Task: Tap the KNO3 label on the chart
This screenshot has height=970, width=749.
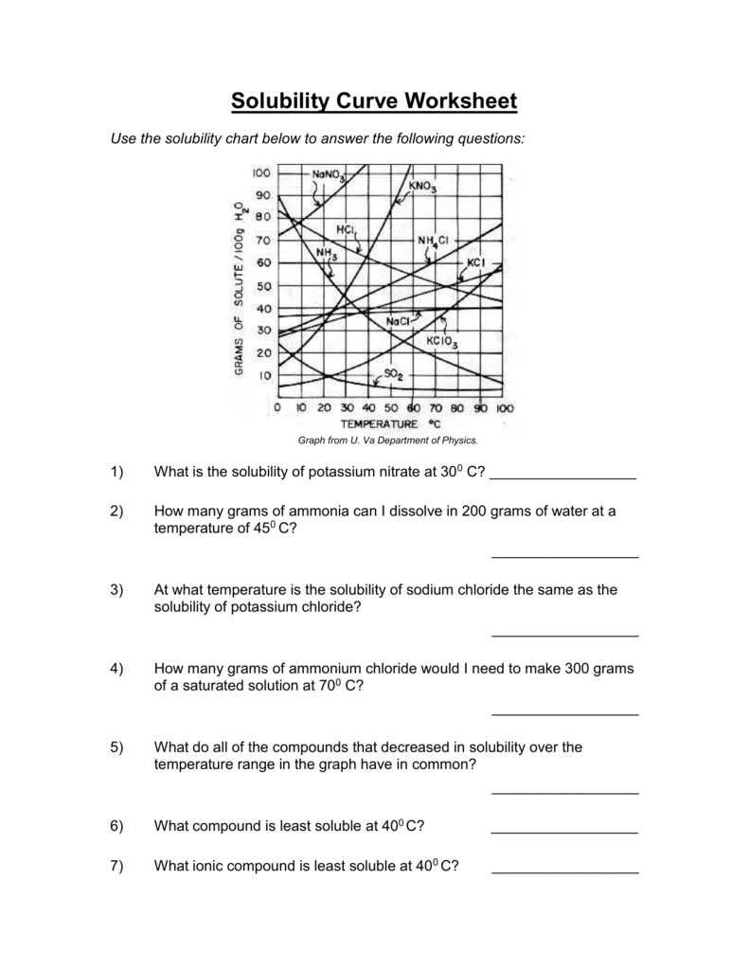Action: point(422,187)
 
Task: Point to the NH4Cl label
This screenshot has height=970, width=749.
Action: point(433,242)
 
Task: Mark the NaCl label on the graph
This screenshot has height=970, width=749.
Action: point(400,322)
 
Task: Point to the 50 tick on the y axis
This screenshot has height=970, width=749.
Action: point(264,285)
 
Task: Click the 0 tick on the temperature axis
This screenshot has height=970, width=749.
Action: point(276,408)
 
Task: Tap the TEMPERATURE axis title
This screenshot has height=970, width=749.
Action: point(379,423)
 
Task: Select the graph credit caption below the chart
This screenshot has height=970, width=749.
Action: point(388,440)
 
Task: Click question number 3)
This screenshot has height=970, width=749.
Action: point(117,589)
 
